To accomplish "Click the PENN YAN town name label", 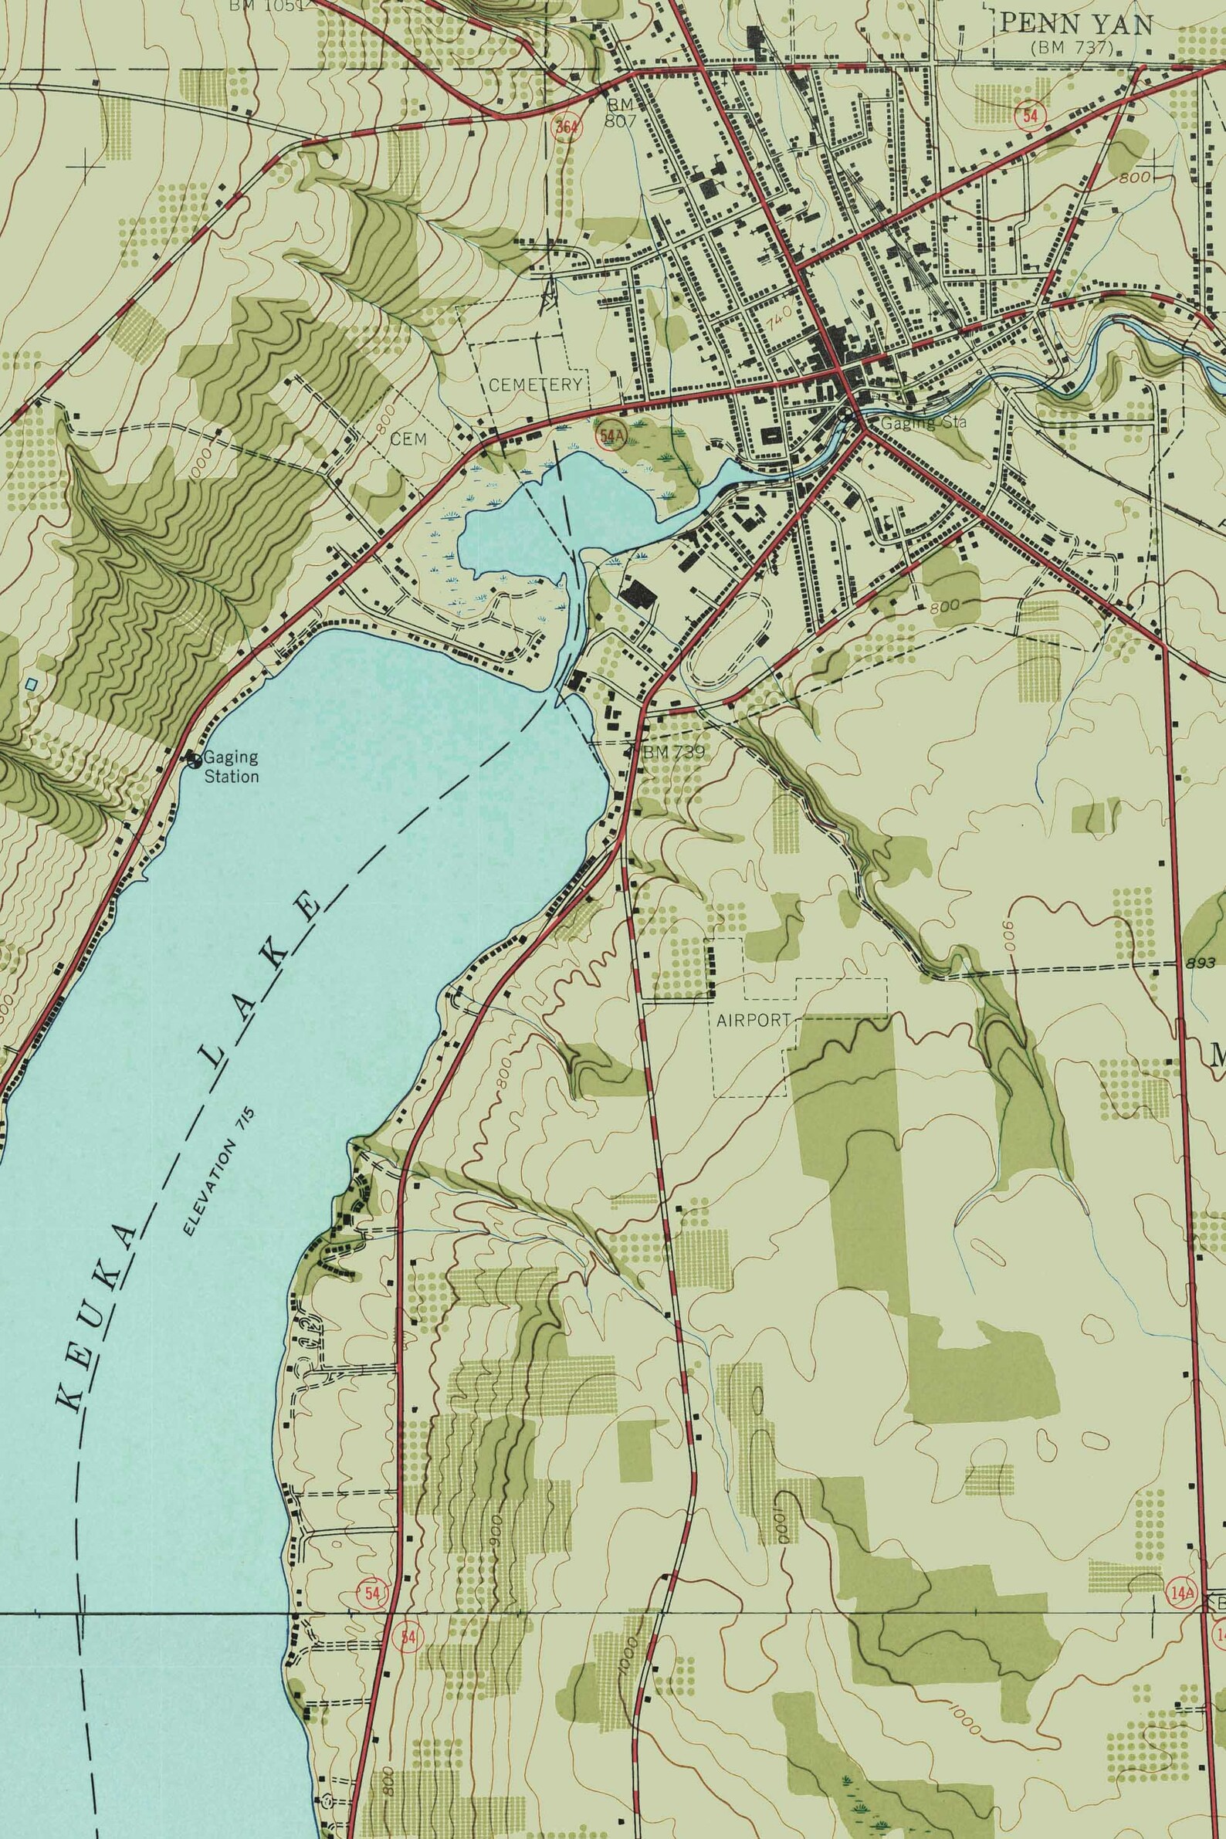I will [1076, 25].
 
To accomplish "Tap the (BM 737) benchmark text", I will [1072, 48].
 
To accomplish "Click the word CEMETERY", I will [536, 384].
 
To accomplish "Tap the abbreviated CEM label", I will [409, 439].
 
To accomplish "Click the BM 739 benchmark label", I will [673, 751].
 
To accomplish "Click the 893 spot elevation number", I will [1201, 964].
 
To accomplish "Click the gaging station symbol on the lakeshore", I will [192, 757].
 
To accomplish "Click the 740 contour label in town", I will [780, 317].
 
